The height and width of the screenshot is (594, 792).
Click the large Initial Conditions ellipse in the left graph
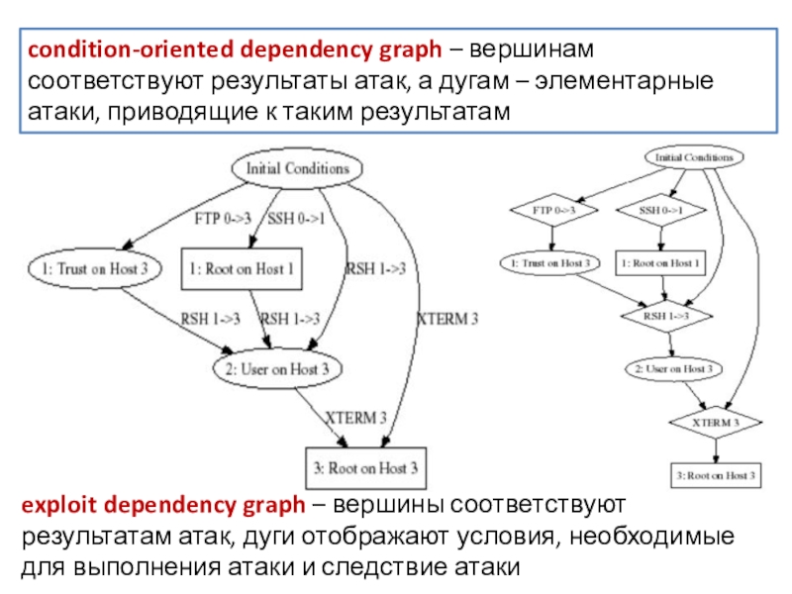tap(297, 168)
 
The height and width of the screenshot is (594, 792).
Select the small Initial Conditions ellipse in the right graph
tap(694, 157)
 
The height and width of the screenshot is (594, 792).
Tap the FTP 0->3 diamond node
tap(554, 210)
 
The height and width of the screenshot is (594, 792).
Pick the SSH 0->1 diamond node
tap(661, 210)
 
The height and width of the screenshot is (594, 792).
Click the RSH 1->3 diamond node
tap(666, 315)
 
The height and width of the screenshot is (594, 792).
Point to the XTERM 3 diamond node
tap(717, 422)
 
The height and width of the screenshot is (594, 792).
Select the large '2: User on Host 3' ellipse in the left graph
tap(278, 368)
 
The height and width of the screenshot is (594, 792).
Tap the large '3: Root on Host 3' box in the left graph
tap(364, 467)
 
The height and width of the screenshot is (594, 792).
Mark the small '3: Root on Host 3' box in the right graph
tap(717, 475)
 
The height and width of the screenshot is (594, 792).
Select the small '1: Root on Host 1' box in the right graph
tap(660, 263)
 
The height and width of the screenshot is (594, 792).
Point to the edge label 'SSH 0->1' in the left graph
tap(297, 218)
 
